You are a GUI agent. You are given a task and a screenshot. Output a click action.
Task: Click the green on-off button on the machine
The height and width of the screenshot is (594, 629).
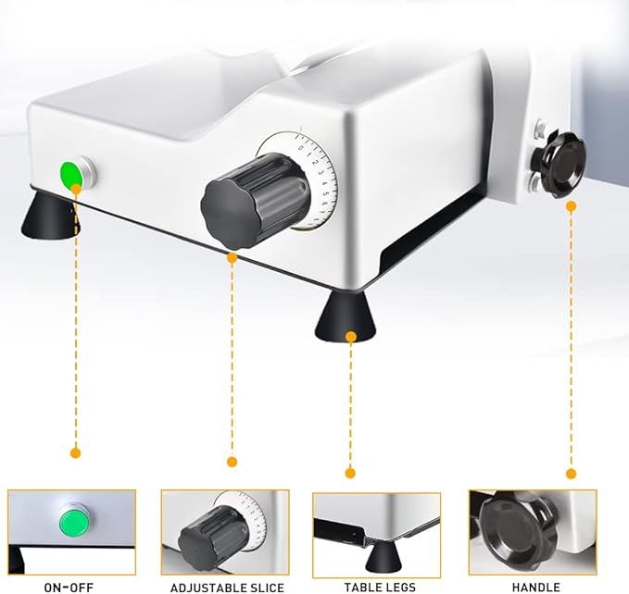71,174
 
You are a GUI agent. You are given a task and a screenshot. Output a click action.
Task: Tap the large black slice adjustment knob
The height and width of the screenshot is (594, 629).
256,200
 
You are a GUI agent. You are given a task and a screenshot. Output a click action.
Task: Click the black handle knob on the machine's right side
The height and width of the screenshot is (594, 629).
560,163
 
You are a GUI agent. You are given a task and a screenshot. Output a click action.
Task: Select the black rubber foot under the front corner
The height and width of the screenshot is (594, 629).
346,316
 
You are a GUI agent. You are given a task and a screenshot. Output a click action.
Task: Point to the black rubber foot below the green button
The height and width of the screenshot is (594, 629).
50,216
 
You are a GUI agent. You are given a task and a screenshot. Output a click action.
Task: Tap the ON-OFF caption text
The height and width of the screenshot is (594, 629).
69,588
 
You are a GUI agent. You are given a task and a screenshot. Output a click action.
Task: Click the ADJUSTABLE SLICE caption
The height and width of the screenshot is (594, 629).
227,588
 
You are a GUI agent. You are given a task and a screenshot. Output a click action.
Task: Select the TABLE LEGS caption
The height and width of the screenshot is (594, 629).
380,588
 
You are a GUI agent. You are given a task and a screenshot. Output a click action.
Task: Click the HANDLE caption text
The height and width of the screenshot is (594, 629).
536,588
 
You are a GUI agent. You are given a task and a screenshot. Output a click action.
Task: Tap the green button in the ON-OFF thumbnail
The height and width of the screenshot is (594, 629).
74,522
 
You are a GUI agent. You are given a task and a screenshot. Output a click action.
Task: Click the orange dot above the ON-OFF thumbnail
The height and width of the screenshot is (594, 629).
75,453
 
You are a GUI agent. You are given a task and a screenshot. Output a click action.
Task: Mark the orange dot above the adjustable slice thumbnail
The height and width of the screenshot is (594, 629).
232,462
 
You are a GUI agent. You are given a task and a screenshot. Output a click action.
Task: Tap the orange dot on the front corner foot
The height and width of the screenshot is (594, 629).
351,337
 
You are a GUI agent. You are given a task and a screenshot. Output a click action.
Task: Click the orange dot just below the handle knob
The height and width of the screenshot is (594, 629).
572,206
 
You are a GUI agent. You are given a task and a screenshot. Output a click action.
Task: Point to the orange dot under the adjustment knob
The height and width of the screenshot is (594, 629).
232,258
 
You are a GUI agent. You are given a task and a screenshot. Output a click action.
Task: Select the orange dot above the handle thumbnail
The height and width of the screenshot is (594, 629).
572,474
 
